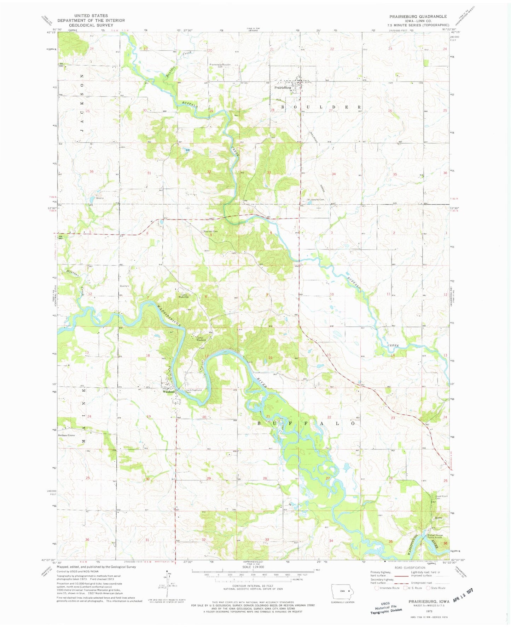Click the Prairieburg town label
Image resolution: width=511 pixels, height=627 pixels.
(282, 87)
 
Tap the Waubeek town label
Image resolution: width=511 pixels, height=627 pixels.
(169, 392)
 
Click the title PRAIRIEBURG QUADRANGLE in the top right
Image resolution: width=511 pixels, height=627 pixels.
(418, 17)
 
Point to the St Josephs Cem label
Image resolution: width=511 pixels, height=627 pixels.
(315, 199)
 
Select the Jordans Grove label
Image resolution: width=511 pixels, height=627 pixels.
(67, 435)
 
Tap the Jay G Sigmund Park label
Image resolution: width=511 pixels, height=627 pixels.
(194, 391)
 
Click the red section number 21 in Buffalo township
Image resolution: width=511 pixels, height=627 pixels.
(268, 416)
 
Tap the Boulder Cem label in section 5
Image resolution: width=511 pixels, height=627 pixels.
(210, 232)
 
